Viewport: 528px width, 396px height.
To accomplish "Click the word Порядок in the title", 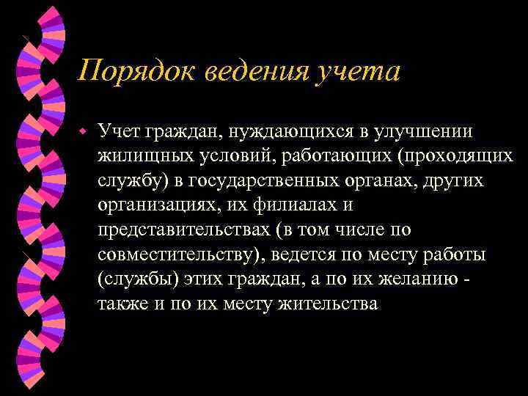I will [x=125, y=72].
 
